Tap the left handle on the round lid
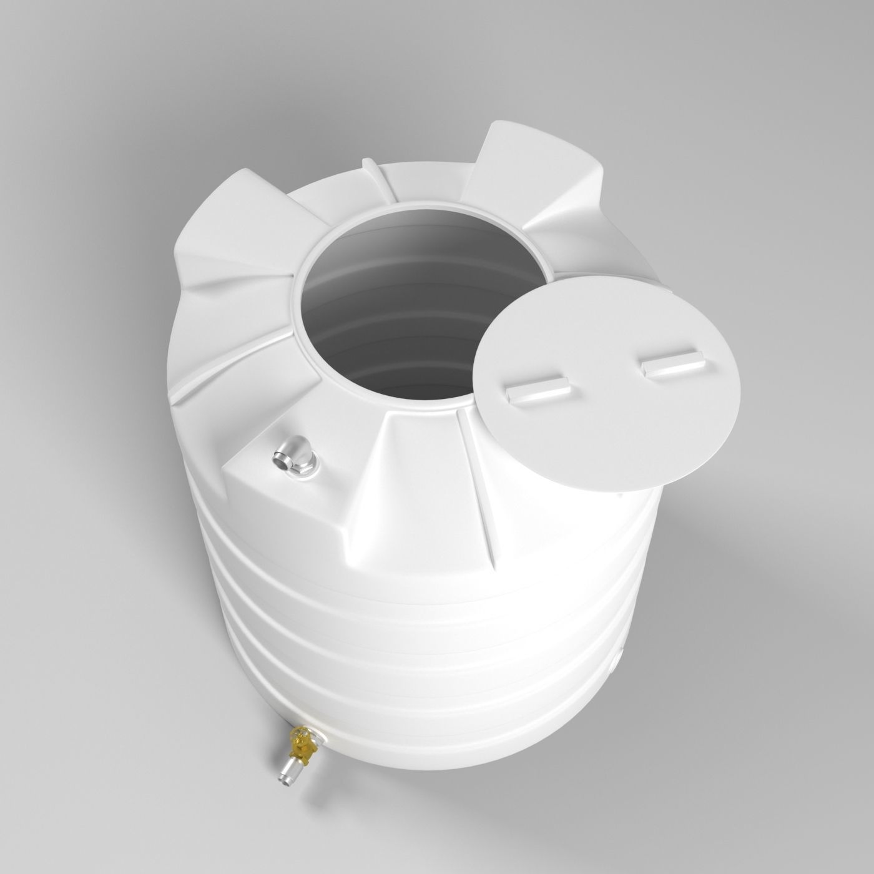point(537,390)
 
